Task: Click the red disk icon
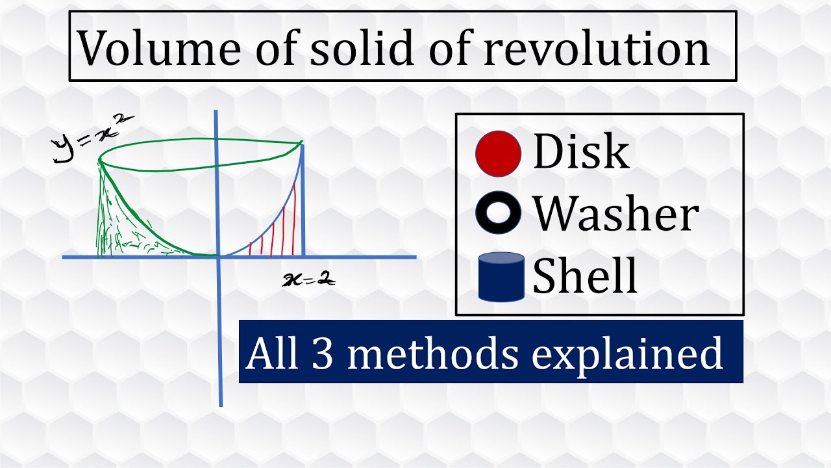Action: (498, 153)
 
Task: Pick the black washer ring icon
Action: (498, 214)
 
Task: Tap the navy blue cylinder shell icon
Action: (501, 277)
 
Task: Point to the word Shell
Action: (585, 276)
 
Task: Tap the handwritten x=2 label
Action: (309, 280)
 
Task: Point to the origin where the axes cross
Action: (220, 257)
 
